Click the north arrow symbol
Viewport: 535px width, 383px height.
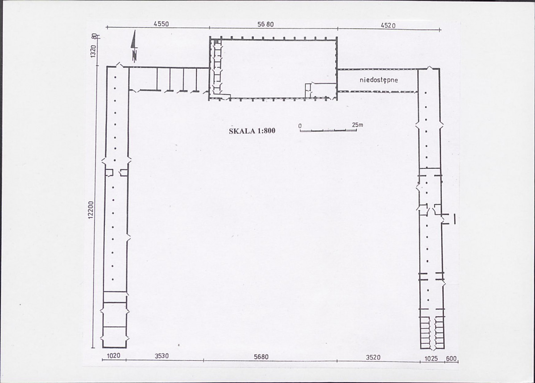click(134, 46)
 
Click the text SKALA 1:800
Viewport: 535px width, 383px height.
click(252, 131)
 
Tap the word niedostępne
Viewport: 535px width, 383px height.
click(379, 80)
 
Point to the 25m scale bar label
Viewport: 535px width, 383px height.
click(357, 125)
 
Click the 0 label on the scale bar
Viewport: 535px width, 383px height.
click(300, 126)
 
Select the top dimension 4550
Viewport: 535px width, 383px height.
click(161, 24)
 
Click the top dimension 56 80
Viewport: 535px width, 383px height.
click(265, 24)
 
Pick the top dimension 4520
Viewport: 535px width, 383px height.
click(388, 25)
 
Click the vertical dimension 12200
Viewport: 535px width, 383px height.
click(91, 210)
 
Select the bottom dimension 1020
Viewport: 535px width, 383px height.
click(114, 356)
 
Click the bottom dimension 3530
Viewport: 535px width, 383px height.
click(162, 356)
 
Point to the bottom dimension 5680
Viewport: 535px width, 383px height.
click(261, 357)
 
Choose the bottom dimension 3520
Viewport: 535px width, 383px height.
click(373, 358)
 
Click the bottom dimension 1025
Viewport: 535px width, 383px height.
click(431, 358)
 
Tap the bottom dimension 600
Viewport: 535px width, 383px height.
click(451, 358)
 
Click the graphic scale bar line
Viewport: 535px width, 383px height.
click(328, 130)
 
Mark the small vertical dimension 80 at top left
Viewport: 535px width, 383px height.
click(94, 37)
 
